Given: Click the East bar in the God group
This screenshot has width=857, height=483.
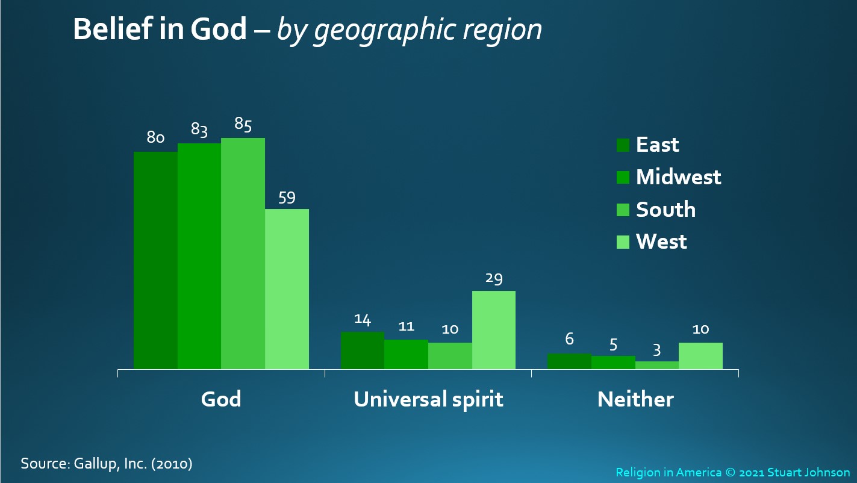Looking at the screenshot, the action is (x=155, y=260).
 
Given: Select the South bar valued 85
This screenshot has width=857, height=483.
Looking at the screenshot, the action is (x=243, y=254).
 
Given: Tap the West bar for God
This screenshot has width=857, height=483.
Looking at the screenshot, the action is (x=287, y=289).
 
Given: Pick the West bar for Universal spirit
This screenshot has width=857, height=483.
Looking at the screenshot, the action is (x=493, y=330).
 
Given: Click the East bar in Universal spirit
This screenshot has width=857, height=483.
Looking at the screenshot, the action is (x=363, y=351).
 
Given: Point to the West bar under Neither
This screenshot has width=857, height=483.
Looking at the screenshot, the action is (x=700, y=356).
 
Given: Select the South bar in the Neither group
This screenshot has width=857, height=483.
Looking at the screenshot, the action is (x=657, y=365).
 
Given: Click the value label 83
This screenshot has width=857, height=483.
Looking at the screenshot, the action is (x=199, y=129).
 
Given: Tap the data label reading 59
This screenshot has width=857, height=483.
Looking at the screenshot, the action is (x=287, y=198).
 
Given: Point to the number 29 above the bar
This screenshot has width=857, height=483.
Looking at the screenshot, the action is (x=493, y=279).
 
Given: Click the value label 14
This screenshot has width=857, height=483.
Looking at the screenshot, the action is (x=363, y=320).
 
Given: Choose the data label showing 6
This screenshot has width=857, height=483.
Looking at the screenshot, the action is (x=569, y=338).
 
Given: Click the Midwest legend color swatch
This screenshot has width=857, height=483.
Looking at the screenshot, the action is (x=623, y=178).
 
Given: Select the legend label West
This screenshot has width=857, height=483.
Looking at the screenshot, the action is (x=661, y=241).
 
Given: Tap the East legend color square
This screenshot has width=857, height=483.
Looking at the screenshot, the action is (x=623, y=145).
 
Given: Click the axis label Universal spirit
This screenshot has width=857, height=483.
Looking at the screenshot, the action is (x=428, y=400).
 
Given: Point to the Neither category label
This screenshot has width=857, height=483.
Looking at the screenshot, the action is (x=635, y=399).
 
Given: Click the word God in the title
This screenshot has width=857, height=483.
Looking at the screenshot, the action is (x=219, y=29).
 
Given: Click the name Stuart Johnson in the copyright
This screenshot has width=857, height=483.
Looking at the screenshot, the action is (x=808, y=472).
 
